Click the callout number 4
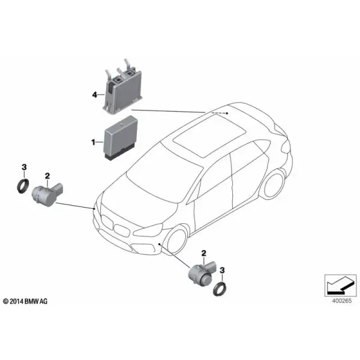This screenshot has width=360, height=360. [x=95, y=95]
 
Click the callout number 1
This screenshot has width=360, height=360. [x=93, y=142]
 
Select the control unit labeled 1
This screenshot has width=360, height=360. [x=121, y=137]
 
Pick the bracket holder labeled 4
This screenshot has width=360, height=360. [x=122, y=87]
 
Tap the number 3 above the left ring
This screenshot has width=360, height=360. [x=24, y=167]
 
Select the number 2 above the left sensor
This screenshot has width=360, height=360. [x=47, y=176]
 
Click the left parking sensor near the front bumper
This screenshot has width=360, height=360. [x=47, y=194]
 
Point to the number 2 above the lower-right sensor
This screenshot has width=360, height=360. [x=203, y=253]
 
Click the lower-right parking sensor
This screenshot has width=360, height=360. [x=202, y=273]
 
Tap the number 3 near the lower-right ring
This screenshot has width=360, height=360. [x=222, y=270]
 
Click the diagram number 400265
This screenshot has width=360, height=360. [x=341, y=301]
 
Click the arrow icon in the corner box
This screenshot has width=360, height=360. [x=340, y=286]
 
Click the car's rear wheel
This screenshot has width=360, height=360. [x=275, y=185]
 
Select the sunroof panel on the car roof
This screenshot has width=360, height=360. [x=209, y=136]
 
